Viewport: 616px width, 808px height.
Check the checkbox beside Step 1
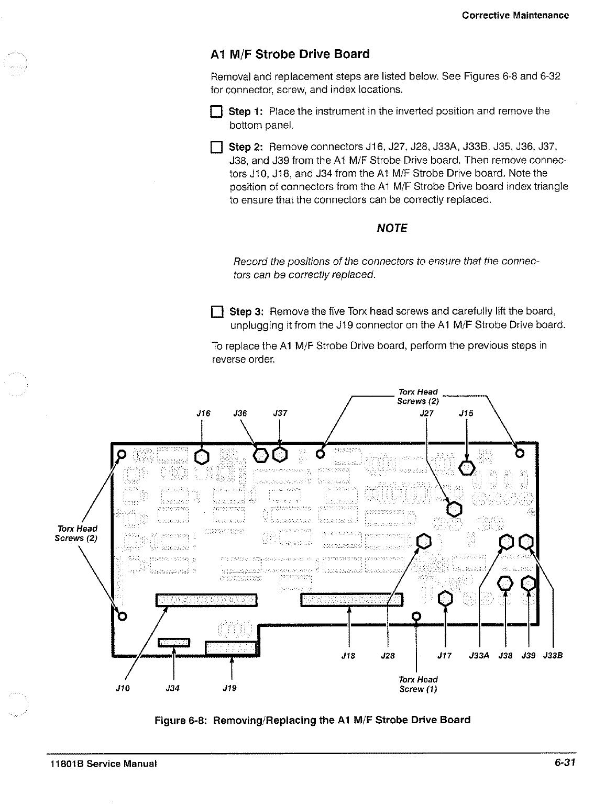pyautogui.click(x=216, y=112)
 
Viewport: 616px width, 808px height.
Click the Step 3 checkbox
pyautogui.click(x=216, y=312)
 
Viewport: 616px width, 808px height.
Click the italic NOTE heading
pyautogui.click(x=392, y=228)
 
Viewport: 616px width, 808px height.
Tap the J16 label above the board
pyautogui.click(x=203, y=413)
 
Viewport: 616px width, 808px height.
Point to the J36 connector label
pyautogui.click(x=240, y=413)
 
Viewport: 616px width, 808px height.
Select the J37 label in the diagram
pyautogui.click(x=280, y=413)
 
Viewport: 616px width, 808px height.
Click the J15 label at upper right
pyautogui.click(x=466, y=413)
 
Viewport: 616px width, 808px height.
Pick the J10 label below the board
pyautogui.click(x=123, y=688)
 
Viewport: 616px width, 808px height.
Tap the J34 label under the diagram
pyautogui.click(x=173, y=688)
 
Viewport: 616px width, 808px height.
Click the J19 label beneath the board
pyautogui.click(x=230, y=688)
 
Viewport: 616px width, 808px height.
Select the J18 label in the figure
pyautogui.click(x=348, y=655)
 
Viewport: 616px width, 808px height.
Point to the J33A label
pyautogui.click(x=479, y=655)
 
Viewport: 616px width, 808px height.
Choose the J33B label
pyautogui.click(x=553, y=655)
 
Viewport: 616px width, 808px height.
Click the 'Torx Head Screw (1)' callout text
pyautogui.click(x=417, y=684)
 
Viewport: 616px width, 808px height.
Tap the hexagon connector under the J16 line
pyautogui.click(x=202, y=457)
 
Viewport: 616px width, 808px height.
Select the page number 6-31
pyautogui.click(x=565, y=762)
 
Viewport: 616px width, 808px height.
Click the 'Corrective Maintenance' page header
pyautogui.click(x=515, y=15)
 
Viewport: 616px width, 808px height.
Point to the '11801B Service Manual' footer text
pyautogui.click(x=100, y=764)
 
